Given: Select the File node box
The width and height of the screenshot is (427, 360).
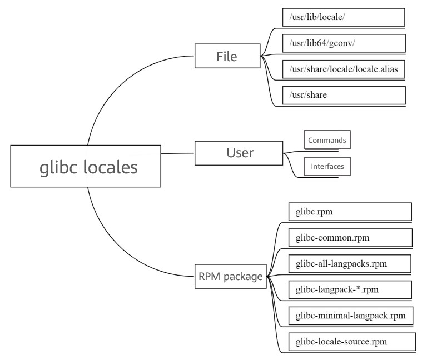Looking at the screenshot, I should [227, 56].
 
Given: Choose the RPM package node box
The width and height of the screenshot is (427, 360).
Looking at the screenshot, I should [230, 276].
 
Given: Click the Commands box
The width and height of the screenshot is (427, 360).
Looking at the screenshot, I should [327, 140].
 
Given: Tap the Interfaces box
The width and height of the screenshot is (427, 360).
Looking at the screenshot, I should [327, 166].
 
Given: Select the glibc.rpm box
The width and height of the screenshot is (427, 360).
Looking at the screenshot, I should [350, 212].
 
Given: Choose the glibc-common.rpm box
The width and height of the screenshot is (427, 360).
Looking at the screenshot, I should [350, 238].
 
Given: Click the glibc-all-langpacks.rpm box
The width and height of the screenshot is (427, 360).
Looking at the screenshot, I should [350, 263].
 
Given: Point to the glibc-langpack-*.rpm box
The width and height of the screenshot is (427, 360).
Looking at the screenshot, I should [350, 289].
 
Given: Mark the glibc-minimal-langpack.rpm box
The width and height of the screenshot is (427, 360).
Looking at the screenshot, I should [350, 316].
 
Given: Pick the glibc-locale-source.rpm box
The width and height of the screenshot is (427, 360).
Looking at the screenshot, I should [352, 342].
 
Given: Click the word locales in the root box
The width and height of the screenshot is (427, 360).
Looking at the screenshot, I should [111, 167].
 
